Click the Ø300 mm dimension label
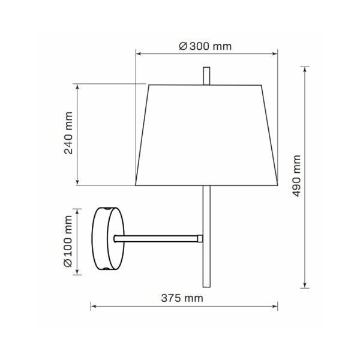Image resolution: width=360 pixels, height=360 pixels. (205, 46)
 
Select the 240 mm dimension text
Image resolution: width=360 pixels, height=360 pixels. (68, 133)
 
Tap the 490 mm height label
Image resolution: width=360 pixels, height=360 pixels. (296, 176)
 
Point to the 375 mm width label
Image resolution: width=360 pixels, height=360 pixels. (182, 298)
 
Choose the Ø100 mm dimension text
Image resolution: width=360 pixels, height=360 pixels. (68, 242)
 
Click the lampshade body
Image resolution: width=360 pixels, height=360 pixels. (206, 135)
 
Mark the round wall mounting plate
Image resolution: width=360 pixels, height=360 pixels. (108, 239)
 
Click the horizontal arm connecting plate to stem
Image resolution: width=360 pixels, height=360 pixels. (156, 239)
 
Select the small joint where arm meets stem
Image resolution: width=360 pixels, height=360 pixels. (200, 239)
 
